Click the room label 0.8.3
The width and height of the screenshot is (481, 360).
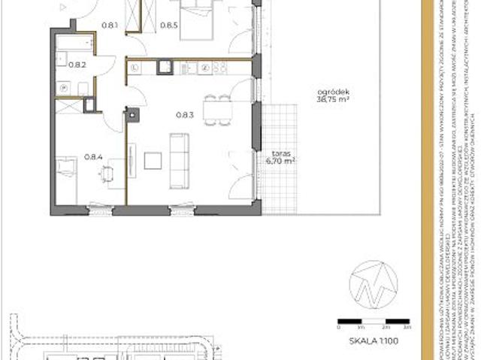coord(185,114)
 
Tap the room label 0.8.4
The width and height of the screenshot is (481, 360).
coord(93,157)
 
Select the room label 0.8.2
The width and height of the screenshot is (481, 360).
coord(77,65)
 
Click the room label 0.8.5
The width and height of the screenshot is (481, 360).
coord(169,25)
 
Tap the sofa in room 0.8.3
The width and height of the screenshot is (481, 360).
coord(179,160)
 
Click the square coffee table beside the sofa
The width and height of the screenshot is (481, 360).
coord(153,160)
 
